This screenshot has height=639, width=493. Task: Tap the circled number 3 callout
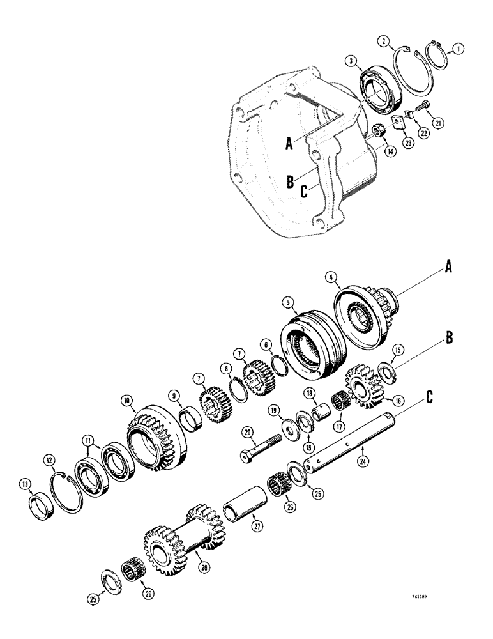[352, 61]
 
